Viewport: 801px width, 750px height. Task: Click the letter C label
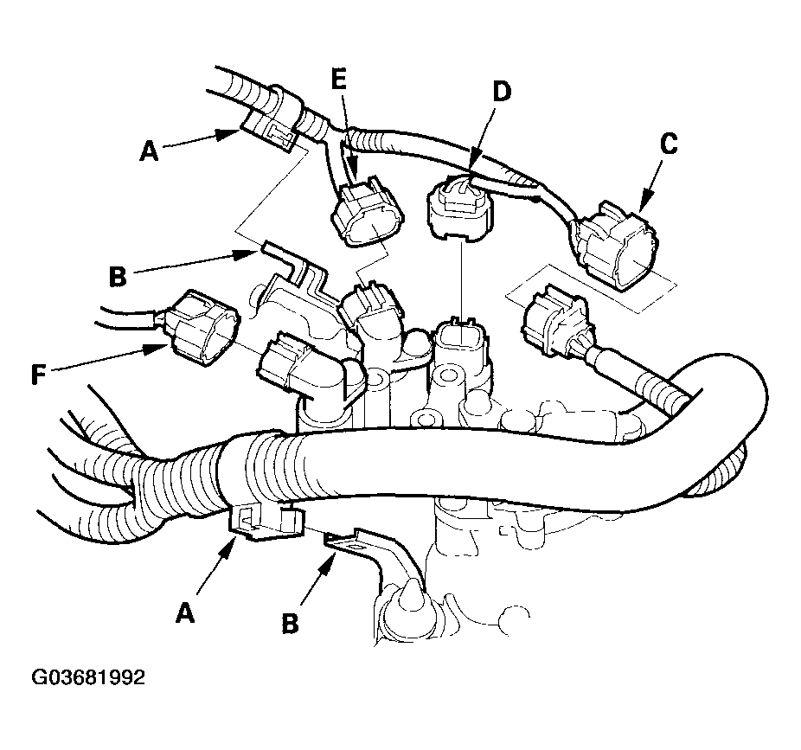(669, 144)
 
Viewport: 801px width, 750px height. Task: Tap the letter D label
(501, 92)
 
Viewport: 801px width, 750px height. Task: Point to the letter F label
(38, 375)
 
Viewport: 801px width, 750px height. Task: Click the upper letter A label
(149, 151)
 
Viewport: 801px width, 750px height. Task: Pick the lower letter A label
(185, 612)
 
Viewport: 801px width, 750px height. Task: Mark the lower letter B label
(290, 624)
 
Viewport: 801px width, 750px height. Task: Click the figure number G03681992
(88, 677)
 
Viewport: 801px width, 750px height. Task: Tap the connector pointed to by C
(617, 245)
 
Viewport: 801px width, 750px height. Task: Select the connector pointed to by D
(461, 209)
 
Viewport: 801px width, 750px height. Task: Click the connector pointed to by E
(367, 212)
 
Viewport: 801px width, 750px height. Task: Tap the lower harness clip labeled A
(265, 520)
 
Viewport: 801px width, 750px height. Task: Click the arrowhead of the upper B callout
(247, 254)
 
